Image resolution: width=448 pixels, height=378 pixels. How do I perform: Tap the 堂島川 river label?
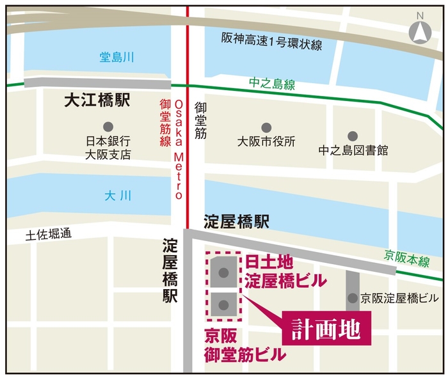[x=116, y=58]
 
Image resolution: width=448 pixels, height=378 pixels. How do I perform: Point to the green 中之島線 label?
[x=272, y=84]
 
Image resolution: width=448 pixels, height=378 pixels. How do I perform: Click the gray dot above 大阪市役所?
[x=266, y=127]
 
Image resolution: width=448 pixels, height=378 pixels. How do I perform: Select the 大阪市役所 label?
[x=266, y=141]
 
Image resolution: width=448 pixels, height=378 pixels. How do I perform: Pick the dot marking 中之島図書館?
[x=353, y=136]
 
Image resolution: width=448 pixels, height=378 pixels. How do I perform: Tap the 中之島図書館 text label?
[x=353, y=151]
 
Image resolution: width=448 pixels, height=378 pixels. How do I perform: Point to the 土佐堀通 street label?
[x=48, y=235]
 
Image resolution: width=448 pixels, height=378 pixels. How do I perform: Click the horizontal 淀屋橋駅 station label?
[x=236, y=222]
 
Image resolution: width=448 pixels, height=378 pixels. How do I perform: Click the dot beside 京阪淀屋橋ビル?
[x=353, y=298]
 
